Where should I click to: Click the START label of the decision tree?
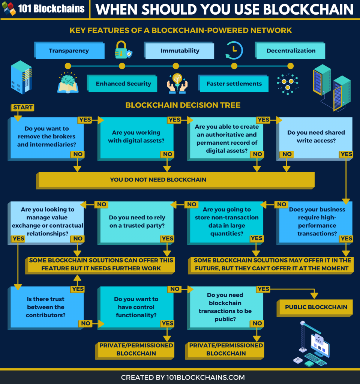coord(22,108)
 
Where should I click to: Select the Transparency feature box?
coord(69,51)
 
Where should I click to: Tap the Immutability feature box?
coord(180,51)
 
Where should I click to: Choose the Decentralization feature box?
coord(291,51)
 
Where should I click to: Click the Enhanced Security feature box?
coord(123,84)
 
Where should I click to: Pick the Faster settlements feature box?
coord(234,84)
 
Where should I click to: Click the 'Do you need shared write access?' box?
coord(316,136)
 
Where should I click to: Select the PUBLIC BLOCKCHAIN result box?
coord(316,307)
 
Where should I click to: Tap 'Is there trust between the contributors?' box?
coord(46,307)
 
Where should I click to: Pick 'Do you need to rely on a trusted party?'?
coord(137,221)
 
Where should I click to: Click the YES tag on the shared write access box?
coord(346,154)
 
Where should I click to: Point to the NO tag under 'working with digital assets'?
coord(167,154)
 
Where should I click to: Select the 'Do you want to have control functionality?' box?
coord(136,307)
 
